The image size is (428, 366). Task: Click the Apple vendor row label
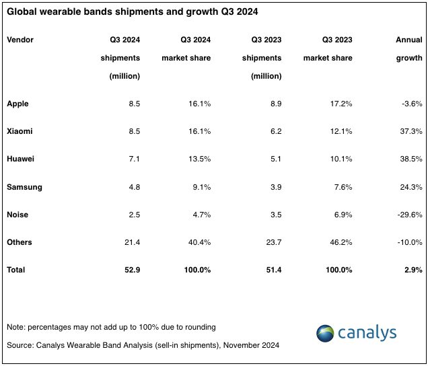tap(17, 104)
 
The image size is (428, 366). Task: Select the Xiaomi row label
tap(19, 131)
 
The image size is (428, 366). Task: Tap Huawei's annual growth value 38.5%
tap(411, 159)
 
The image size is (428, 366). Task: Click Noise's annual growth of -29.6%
tap(408, 214)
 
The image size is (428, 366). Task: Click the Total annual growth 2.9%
tap(413, 269)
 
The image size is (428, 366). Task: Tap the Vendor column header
tap(20, 40)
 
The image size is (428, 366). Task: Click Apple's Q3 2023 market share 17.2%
tap(341, 104)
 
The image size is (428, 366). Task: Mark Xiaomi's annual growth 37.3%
tap(411, 131)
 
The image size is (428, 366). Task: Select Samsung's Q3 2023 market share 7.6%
tap(343, 186)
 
